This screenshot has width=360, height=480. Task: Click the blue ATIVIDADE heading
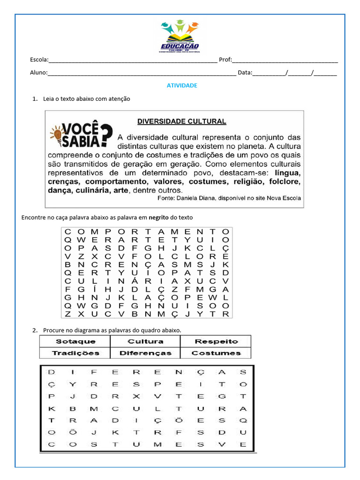point(182,86)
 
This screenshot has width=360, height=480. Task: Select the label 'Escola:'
point(39,60)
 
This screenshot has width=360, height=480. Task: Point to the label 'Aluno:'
point(38,73)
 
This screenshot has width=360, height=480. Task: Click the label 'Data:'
point(245,73)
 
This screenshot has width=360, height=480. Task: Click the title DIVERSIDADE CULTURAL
point(181,121)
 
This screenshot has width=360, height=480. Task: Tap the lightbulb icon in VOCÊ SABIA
point(58,135)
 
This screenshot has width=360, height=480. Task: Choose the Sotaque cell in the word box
point(75,341)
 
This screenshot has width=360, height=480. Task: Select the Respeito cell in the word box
point(216,341)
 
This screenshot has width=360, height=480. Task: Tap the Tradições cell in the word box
point(75,353)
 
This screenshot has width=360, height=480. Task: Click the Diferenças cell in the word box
point(145,353)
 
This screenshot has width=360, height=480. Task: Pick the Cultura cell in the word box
point(145,341)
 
